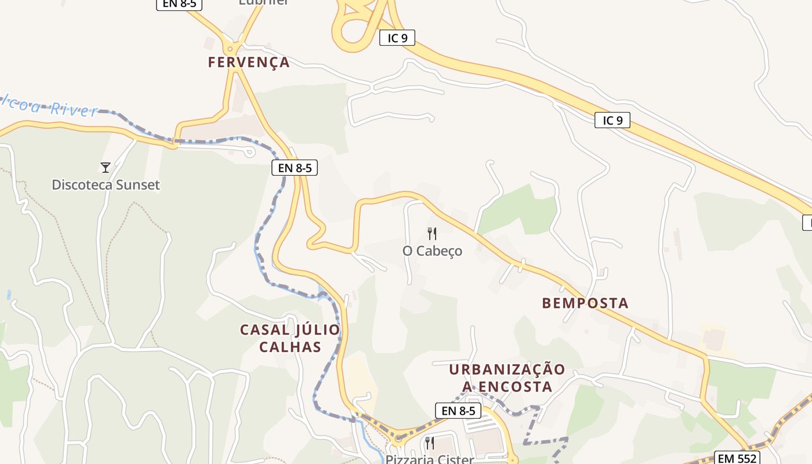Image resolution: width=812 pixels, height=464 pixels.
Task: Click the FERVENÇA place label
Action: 249,63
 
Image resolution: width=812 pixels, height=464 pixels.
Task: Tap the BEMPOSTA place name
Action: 585,303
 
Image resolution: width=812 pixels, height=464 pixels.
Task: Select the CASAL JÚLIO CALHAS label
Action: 290,338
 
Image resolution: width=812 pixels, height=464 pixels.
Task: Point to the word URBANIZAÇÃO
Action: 507,369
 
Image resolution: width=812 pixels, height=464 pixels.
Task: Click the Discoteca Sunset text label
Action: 106,185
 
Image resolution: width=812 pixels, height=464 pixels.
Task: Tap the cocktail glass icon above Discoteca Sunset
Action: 106,168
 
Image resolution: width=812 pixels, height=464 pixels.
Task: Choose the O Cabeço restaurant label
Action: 432,251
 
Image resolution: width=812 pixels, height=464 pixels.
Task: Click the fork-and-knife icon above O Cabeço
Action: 432,234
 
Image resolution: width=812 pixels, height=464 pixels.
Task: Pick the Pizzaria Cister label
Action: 430,459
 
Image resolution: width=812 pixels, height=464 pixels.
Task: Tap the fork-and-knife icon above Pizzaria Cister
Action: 430,443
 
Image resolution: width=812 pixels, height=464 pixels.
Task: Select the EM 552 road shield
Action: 736,458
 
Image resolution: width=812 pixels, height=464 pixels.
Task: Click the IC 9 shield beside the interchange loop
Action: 397,38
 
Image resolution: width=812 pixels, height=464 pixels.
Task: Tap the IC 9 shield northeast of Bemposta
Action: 612,121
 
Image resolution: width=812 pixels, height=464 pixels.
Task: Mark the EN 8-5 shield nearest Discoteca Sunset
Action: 295,168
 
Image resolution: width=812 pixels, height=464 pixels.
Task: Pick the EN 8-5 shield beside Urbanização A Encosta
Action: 458,411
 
